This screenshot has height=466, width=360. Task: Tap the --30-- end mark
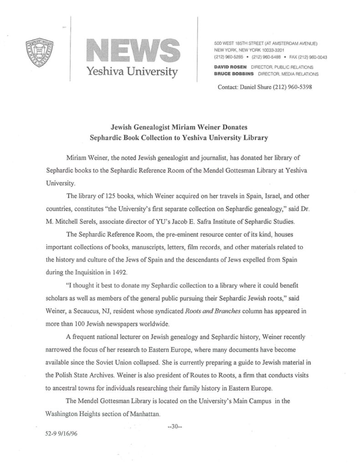tap(175, 426)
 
